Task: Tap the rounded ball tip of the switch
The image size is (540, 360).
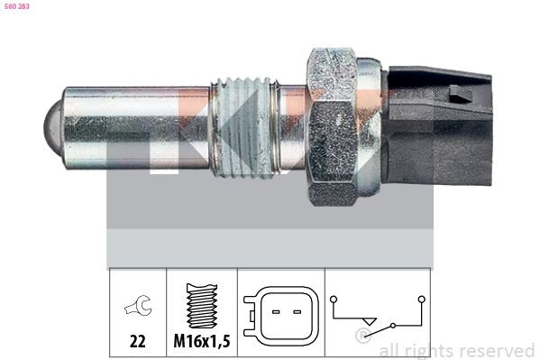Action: (50, 124)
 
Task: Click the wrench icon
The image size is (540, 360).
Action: (137, 309)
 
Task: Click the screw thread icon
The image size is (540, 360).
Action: (201, 303)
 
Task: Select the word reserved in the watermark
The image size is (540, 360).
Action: (498, 350)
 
